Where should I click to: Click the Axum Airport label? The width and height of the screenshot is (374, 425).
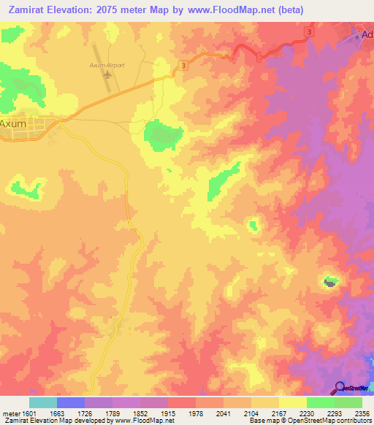108,65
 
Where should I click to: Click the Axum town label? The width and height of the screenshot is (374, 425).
13,123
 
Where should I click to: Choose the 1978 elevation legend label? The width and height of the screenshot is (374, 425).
196,413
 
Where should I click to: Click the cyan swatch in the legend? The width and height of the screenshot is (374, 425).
43,402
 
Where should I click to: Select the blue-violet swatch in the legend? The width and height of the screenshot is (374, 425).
71,402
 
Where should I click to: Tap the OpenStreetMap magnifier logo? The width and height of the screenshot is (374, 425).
339,388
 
